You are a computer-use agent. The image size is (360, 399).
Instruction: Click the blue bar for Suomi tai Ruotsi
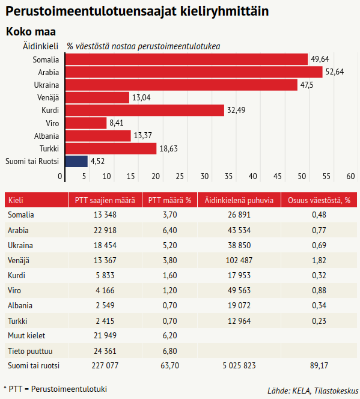pyautogui.click(x=76, y=161)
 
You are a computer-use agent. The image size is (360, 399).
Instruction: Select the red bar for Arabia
pyautogui.click(x=194, y=72)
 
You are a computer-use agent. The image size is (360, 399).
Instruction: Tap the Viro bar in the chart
pyautogui.click(x=86, y=123)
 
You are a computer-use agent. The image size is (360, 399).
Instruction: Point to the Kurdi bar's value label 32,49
pyautogui.click(x=236, y=110)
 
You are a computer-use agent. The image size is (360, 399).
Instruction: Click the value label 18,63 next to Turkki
pyautogui.click(x=168, y=148)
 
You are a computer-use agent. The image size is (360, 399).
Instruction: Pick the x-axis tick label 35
pyautogui.click(x=228, y=176)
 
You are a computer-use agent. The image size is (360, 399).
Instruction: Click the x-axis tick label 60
pyautogui.click(x=350, y=176)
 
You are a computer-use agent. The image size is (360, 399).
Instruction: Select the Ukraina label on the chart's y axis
pyautogui.click(x=46, y=85)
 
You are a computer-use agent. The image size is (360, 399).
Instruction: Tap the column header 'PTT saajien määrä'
pyautogui.click(x=105, y=200)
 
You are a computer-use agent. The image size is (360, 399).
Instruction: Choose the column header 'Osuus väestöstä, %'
pyautogui.click(x=319, y=200)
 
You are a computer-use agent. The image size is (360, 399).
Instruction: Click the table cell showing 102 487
pyautogui.click(x=239, y=260)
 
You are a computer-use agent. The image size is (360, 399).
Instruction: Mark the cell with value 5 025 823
pyautogui.click(x=239, y=366)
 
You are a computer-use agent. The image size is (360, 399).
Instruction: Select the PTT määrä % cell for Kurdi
pyautogui.click(x=169, y=275)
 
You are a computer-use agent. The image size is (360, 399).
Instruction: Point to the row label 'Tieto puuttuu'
pyautogui.click(x=30, y=351)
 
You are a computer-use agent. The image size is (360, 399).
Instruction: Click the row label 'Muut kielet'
pyautogui.click(x=26, y=336)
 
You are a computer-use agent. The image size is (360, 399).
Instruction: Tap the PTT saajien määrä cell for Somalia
pyautogui.click(x=105, y=215)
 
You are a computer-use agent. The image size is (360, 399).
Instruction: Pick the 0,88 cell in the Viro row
pyautogui.click(x=319, y=290)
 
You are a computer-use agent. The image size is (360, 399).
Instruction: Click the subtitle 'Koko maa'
pyautogui.click(x=31, y=32)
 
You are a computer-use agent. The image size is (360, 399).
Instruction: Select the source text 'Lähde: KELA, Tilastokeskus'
pyautogui.click(x=313, y=391)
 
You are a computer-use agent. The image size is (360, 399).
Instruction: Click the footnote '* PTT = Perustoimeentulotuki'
pyautogui.click(x=55, y=389)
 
